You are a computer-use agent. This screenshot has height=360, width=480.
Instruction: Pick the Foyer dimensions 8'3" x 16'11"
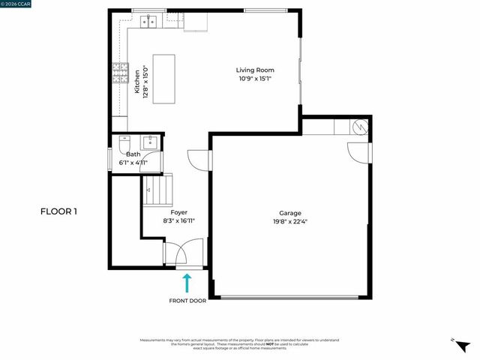179,221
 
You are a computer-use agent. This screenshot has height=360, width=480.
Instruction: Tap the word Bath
133,154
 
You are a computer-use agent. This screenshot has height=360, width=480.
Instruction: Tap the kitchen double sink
148,22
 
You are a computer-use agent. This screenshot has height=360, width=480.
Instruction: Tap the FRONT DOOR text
187,301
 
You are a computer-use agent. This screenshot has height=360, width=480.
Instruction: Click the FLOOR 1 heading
58,211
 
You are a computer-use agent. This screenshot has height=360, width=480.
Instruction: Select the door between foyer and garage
198,160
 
